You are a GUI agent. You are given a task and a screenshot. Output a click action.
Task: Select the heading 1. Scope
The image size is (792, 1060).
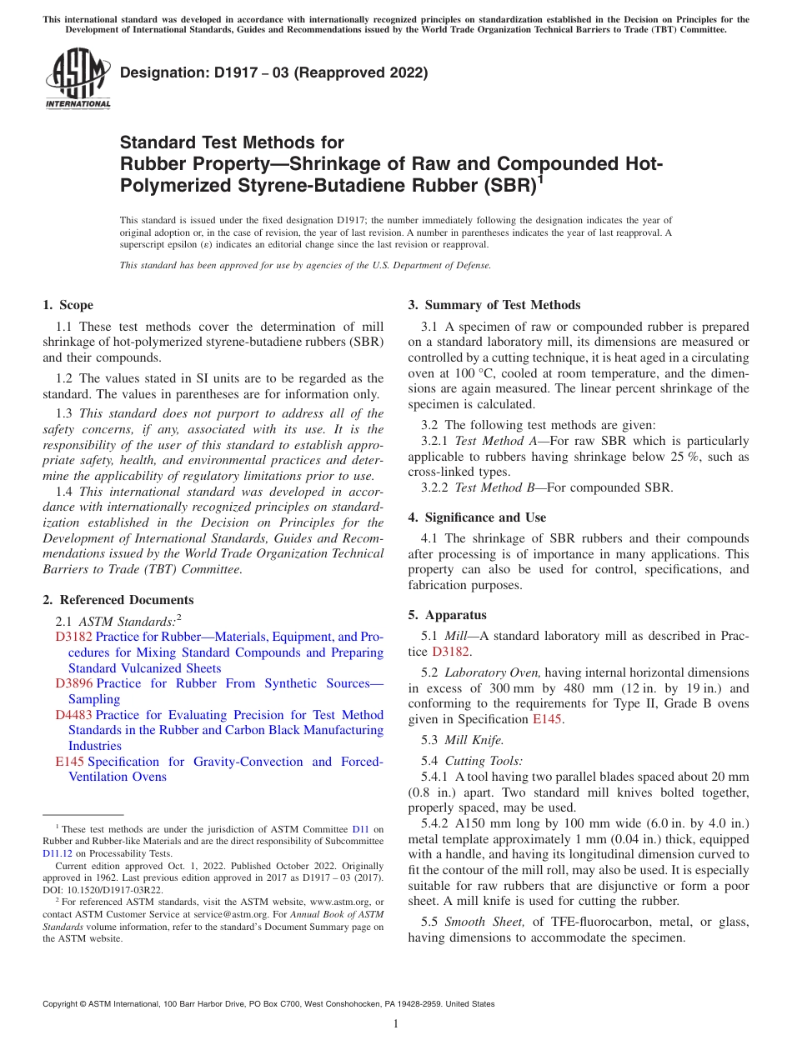click(68, 305)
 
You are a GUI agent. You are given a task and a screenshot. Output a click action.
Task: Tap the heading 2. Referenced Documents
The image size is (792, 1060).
click(118, 600)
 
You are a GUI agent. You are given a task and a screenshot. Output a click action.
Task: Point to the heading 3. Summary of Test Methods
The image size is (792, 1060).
click(494, 305)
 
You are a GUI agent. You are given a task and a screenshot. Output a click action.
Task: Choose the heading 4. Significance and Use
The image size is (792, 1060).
click(477, 517)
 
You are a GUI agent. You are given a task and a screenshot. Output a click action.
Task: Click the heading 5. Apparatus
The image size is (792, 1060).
click(447, 616)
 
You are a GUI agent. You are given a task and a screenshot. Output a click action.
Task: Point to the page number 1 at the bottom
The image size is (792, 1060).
click(395, 1023)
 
